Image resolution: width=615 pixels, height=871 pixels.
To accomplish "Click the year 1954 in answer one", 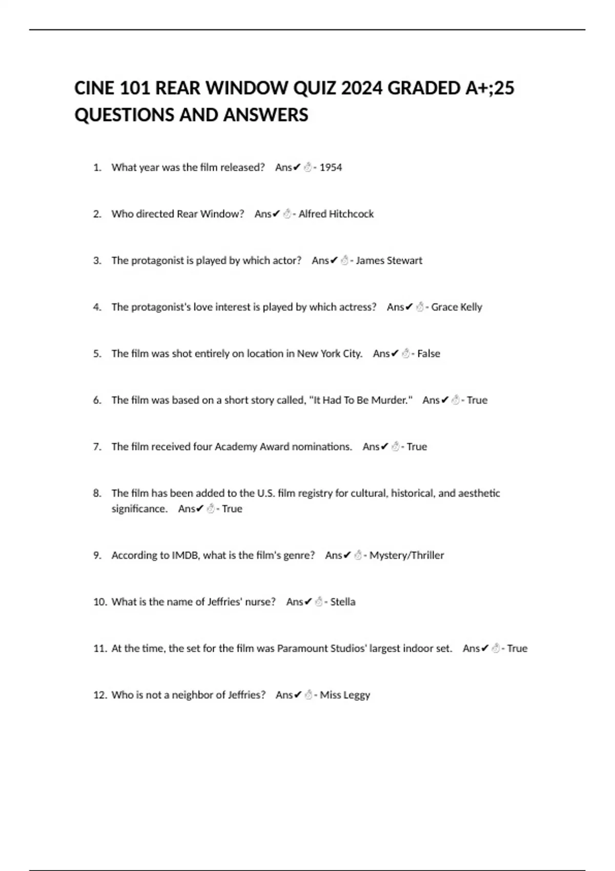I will pos(331,168).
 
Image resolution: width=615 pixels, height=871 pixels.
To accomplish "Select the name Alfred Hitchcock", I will pos(336,214).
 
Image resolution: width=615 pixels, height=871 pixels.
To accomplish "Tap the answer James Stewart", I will pos(389,261).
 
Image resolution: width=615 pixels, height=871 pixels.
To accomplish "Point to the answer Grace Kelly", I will pos(457,307).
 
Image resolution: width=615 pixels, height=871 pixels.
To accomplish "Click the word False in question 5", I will pos(428,354).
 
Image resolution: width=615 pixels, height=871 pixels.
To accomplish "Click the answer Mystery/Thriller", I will pos(406,556).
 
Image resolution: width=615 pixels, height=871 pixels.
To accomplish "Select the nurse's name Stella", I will pos(343,602).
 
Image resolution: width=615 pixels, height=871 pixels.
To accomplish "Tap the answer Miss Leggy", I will pos(345,695).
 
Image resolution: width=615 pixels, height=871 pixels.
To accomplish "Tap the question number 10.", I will pos(99,602).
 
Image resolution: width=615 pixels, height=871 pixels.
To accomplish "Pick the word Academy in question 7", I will pos(236,447).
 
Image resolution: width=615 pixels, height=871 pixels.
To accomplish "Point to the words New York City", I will pos(329,354).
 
